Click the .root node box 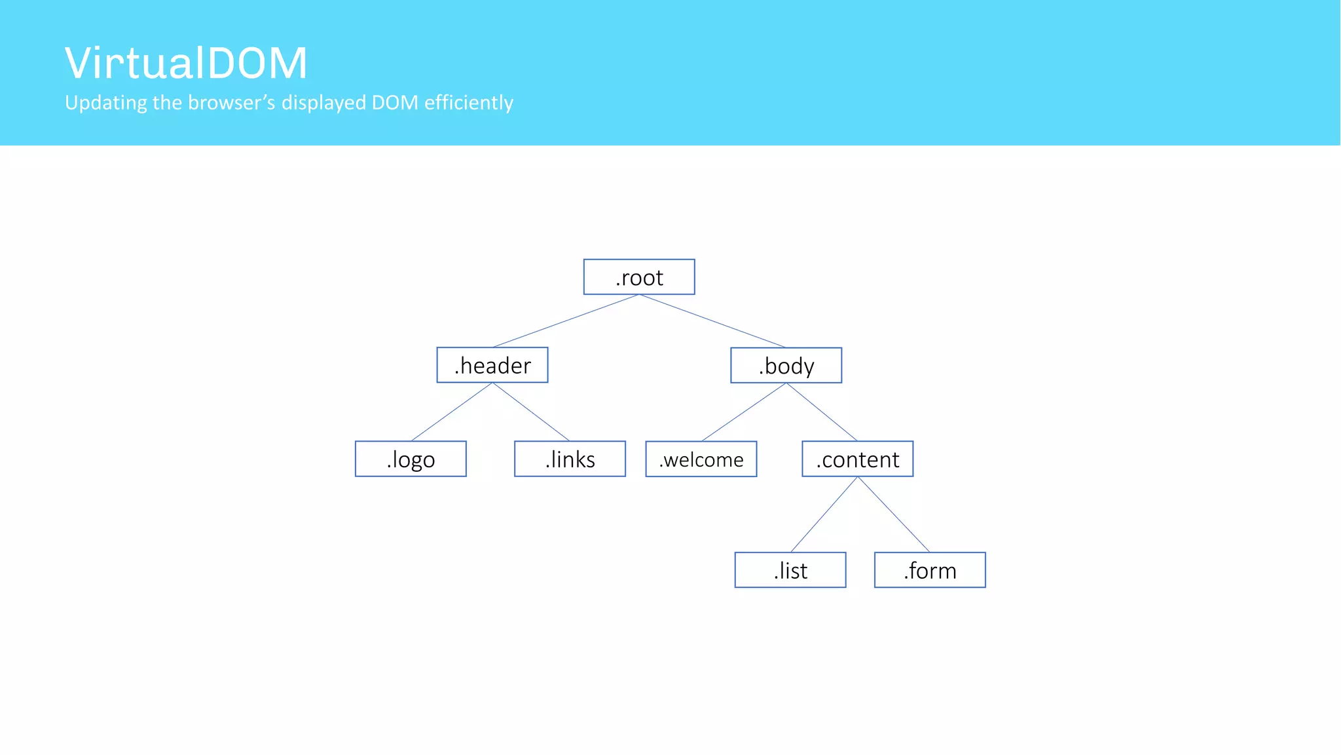[x=639, y=277]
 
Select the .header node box [x=492, y=365]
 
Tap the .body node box [x=786, y=366]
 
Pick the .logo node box [x=411, y=459]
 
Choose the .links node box [x=570, y=459]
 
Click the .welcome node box [x=701, y=459]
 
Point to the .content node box [x=857, y=459]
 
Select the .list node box [x=790, y=570]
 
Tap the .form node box [x=930, y=570]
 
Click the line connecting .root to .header [x=566, y=320]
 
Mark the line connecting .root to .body [x=712, y=320]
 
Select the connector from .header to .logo [x=452, y=412]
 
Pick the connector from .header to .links [x=530, y=412]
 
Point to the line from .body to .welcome [x=744, y=412]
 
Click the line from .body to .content [x=822, y=412]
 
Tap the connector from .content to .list [x=824, y=514]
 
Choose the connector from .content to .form [x=894, y=514]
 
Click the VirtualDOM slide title [x=186, y=63]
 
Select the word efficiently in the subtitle [x=468, y=103]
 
